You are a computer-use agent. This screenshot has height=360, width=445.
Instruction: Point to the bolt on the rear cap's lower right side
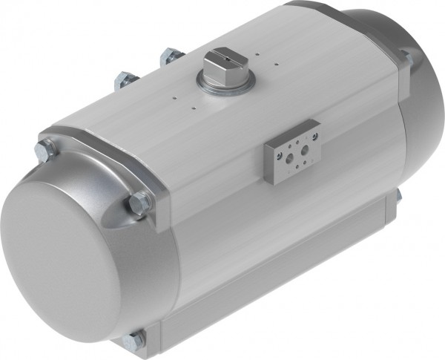[x=398, y=197]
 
